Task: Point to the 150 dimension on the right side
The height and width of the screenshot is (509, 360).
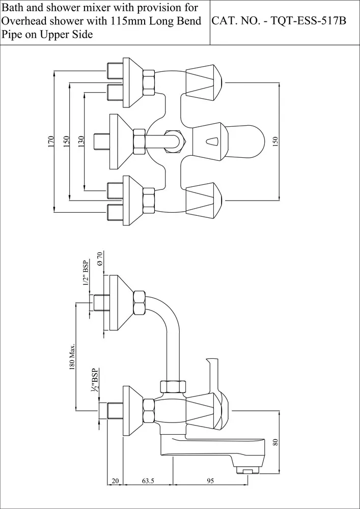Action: pos(275,142)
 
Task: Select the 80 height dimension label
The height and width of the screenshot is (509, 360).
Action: pos(275,441)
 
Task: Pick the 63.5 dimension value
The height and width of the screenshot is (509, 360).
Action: pos(148,480)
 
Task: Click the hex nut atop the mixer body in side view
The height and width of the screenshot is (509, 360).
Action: pos(171,386)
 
